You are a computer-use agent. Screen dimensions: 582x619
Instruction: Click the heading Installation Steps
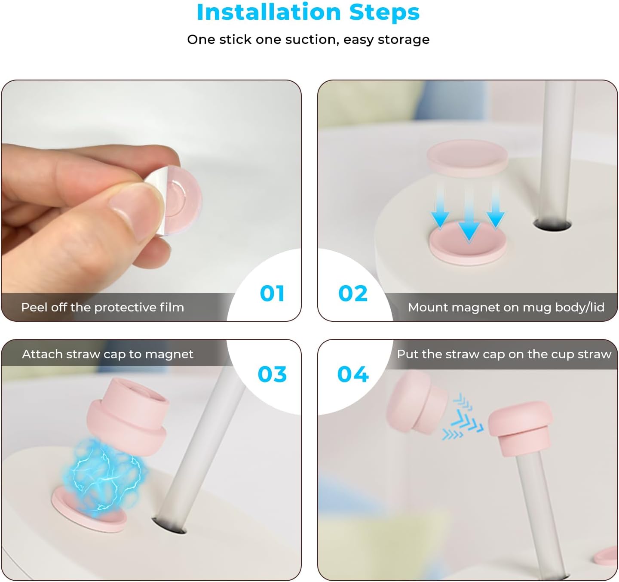(x=308, y=12)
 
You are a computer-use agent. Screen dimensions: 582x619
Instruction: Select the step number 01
(x=272, y=294)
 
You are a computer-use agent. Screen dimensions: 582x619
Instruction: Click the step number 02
(x=353, y=294)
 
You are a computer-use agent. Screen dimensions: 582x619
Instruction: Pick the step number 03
(x=272, y=374)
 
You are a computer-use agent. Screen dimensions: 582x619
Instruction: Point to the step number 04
(x=353, y=374)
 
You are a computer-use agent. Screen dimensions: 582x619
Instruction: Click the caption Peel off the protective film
(x=102, y=307)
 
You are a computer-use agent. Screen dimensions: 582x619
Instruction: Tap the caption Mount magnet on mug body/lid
(x=506, y=307)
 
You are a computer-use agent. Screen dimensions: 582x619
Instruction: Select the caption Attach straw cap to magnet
(x=107, y=354)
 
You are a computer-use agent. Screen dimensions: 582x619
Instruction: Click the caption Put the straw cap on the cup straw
(x=504, y=354)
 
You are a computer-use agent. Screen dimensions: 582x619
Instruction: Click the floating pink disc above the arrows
(x=467, y=157)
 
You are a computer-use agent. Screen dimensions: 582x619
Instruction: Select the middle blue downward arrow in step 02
(x=469, y=215)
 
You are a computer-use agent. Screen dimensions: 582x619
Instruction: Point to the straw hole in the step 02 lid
(x=552, y=225)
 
